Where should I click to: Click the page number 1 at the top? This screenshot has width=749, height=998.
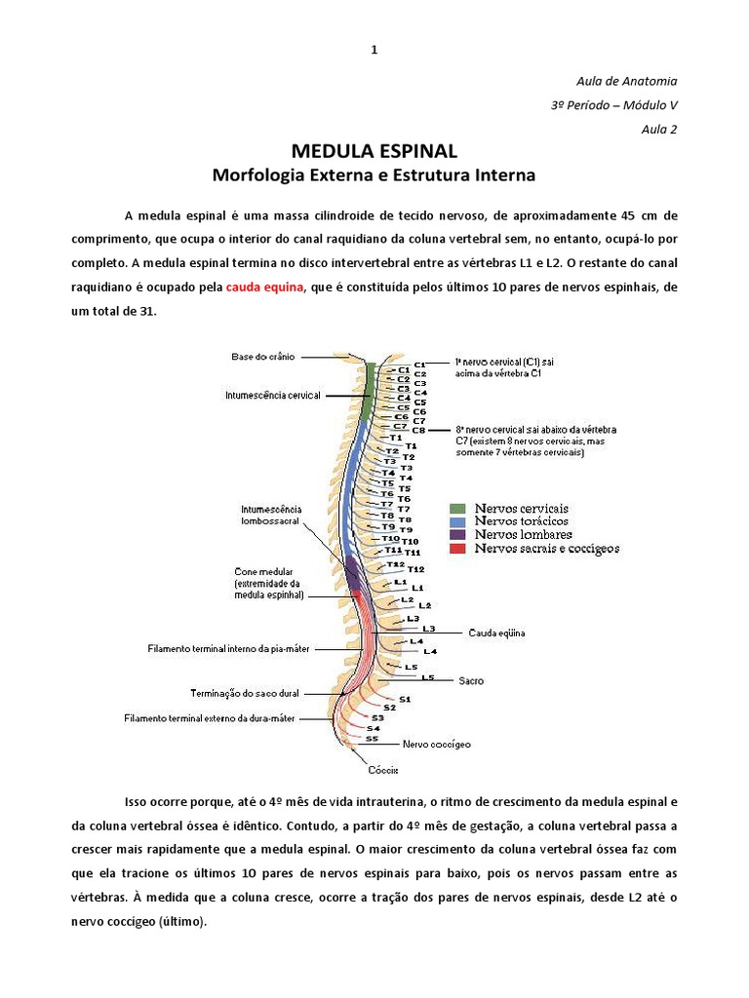(x=374, y=50)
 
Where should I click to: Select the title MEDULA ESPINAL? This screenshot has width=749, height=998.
(x=374, y=151)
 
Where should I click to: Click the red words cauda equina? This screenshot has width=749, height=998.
(x=265, y=287)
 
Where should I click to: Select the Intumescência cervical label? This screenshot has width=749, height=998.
(x=272, y=396)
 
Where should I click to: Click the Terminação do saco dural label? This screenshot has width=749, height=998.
(x=243, y=693)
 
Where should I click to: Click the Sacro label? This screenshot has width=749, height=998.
(x=471, y=680)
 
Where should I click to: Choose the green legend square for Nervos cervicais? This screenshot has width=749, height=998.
(x=456, y=509)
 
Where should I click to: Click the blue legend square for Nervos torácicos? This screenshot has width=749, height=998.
(x=456, y=522)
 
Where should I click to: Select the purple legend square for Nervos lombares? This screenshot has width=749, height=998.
(x=456, y=535)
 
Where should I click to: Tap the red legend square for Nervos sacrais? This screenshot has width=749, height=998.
(x=456, y=549)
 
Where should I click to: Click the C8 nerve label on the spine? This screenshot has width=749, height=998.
(x=419, y=430)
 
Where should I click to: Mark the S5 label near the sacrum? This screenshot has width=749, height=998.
(x=372, y=739)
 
